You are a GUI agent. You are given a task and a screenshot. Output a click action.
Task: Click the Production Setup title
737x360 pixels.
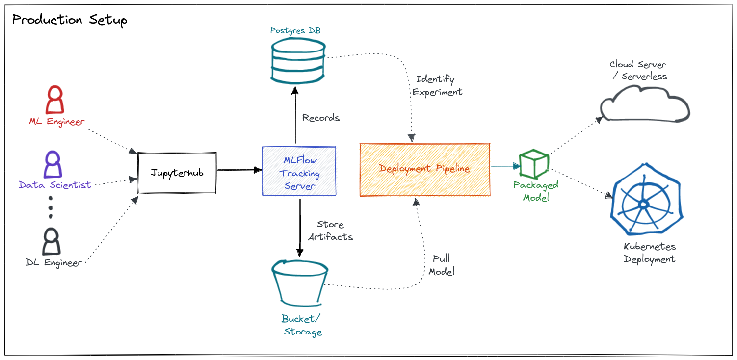69,20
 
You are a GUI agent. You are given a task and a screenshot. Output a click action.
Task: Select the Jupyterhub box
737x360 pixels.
177,173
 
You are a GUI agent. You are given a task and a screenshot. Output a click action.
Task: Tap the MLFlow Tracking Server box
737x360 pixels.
299,171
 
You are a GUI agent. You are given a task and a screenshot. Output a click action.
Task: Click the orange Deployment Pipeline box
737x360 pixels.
424,169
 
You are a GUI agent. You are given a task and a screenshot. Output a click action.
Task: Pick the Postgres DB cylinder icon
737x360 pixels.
297,61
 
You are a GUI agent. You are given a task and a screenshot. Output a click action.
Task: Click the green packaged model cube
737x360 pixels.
534,164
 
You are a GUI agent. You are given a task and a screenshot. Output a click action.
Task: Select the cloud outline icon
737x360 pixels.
644,103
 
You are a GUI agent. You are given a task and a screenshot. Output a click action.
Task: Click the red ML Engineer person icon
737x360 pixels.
54,100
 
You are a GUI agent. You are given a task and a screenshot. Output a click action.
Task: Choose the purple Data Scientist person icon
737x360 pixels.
53,164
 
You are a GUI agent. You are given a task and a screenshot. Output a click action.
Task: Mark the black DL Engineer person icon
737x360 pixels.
51,241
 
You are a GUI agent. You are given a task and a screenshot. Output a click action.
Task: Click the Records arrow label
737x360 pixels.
321,118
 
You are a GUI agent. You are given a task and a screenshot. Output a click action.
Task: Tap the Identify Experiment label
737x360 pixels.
437,85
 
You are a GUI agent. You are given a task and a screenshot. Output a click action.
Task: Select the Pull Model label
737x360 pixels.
442,265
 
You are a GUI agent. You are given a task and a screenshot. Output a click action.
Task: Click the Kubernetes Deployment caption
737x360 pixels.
650,253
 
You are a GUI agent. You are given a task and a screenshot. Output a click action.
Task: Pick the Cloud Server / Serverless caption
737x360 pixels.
638,70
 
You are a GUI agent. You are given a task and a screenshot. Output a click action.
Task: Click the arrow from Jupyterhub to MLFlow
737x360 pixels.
239,170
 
